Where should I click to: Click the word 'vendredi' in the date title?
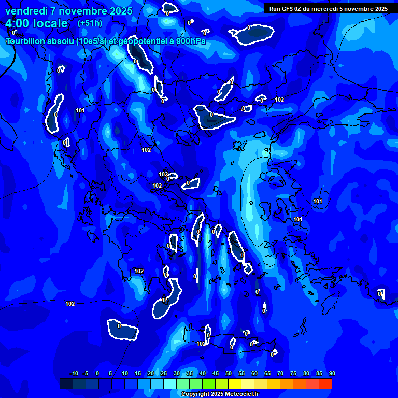tap(24, 11)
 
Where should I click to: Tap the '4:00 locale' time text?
tap(37, 23)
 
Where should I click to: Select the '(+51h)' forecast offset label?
tap(90, 23)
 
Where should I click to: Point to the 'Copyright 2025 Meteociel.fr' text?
tap(220, 394)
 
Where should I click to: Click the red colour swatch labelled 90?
tap(325, 384)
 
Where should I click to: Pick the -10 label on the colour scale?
tap(74, 374)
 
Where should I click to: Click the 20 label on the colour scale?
tap(151, 374)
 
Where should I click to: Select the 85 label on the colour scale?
tap(319, 374)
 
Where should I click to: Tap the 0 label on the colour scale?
tap(97, 374)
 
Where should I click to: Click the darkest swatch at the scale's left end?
tap(66, 384)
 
